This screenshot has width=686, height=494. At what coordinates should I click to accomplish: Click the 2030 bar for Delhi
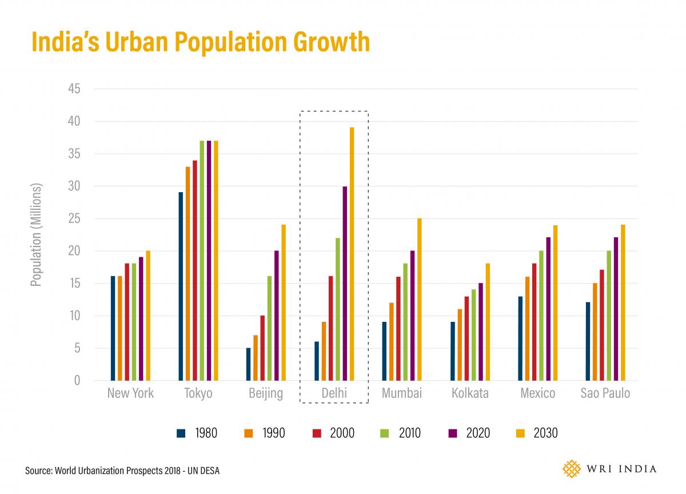pyautogui.click(x=352, y=254)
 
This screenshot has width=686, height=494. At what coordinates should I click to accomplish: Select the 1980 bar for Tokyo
pyautogui.click(x=181, y=286)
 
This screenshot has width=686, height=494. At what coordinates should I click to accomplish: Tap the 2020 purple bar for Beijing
pyautogui.click(x=277, y=316)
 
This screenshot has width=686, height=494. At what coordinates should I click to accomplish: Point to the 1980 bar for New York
pyautogui.click(x=113, y=328)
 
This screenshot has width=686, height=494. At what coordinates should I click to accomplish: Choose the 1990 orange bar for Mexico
pyautogui.click(x=528, y=328)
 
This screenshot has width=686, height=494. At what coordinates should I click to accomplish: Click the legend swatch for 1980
pyautogui.click(x=182, y=433)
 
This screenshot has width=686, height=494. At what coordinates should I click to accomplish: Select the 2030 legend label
pyautogui.click(x=545, y=433)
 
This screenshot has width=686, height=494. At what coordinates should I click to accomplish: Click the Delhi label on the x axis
pyautogui.click(x=334, y=393)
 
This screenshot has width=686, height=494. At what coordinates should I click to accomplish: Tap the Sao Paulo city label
pyautogui.click(x=605, y=393)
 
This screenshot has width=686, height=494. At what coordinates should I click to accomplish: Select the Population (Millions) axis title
pyautogui.click(x=37, y=234)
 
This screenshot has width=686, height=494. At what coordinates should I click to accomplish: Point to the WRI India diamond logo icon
pyautogui.click(x=571, y=469)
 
